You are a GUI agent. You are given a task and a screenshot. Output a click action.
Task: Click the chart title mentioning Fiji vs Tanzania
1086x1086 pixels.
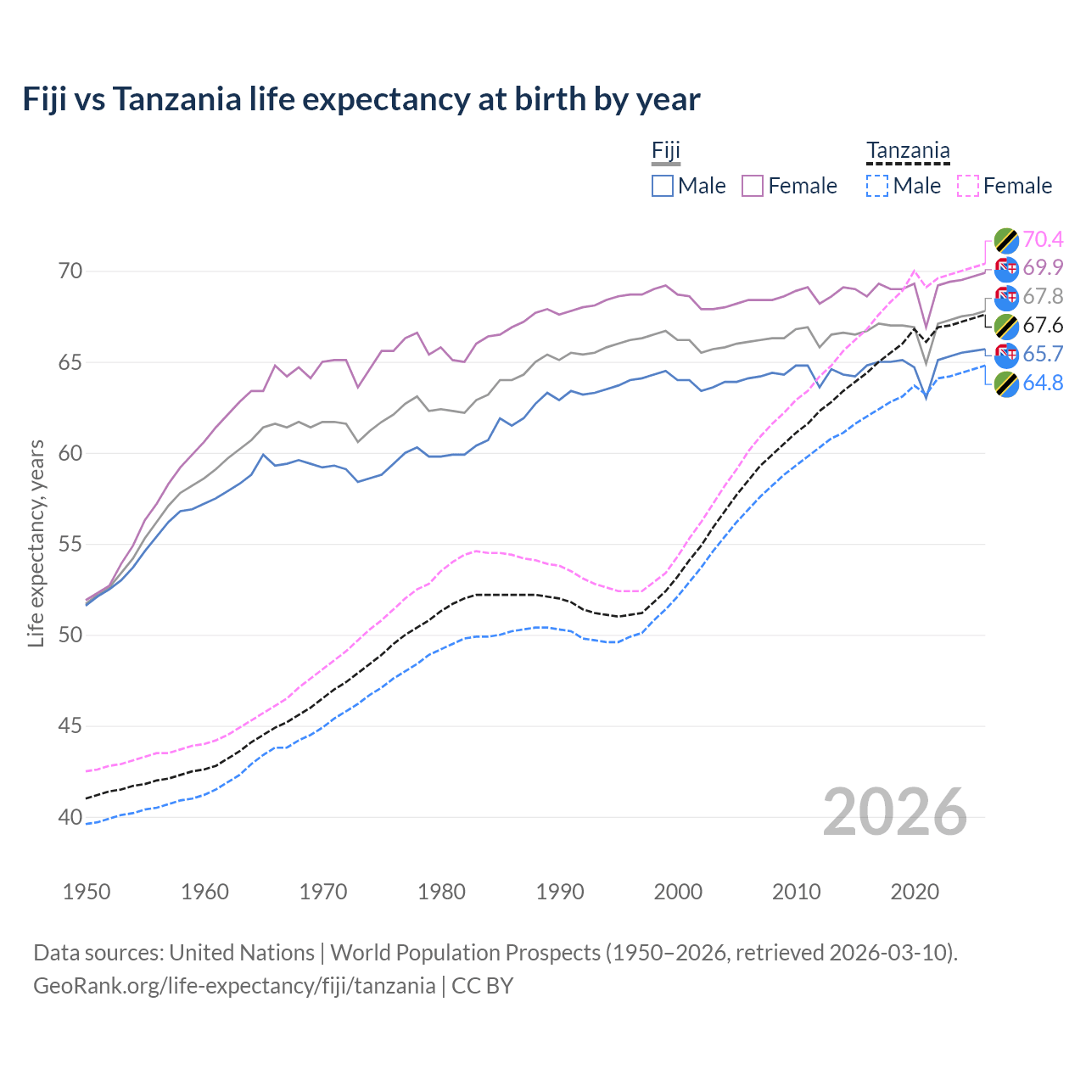pos(361,99)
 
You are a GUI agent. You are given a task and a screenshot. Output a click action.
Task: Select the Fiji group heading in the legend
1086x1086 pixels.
pos(666,151)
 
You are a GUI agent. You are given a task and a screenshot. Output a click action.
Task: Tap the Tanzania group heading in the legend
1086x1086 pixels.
pos(908,151)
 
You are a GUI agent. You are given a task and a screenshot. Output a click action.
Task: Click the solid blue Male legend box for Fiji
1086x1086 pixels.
pos(663,186)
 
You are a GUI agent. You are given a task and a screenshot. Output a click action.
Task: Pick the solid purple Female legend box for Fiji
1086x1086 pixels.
pos(753,186)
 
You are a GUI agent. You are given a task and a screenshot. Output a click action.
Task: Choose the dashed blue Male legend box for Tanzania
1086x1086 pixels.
pos(877,186)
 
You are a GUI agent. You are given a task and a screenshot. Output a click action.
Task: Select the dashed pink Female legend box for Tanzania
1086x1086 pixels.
pos(968,186)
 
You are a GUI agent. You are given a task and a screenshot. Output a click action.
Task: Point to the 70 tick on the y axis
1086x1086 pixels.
pos(70,271)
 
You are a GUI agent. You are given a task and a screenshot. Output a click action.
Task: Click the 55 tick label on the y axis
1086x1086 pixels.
pos(70,544)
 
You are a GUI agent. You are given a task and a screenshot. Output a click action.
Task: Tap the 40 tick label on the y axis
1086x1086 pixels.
pos(70,817)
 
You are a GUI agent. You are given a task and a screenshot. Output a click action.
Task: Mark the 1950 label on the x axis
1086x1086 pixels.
pos(87,892)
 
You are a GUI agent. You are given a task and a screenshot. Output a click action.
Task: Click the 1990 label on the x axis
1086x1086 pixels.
pos(560,892)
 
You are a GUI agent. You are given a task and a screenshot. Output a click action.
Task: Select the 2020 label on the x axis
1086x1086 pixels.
pos(915,892)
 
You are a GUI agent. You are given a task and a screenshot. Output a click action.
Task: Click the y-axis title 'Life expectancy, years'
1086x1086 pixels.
pos(36,544)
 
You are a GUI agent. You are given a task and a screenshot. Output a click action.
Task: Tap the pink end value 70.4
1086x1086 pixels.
pos(1043,239)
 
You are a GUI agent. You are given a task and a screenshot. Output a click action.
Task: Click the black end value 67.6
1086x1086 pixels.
pos(1043,326)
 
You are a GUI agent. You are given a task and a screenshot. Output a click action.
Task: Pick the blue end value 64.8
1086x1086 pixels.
pos(1043,383)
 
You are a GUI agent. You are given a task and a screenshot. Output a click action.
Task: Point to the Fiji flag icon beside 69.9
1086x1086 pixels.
pos(1006,269)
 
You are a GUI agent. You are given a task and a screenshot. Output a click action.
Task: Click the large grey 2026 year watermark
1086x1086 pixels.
pos(895,812)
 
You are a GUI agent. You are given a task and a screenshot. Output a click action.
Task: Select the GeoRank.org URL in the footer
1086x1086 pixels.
pos(234,986)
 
